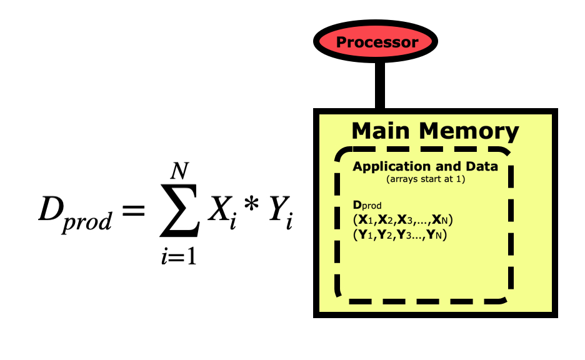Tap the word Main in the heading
[382, 131]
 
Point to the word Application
[389, 167]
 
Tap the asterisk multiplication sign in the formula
[251, 209]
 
